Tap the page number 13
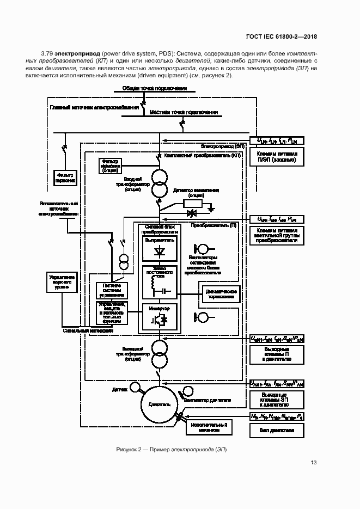pyautogui.click(x=313, y=463)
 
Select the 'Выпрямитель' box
pyautogui.click(x=160, y=248)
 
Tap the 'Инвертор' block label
pyautogui.click(x=160, y=309)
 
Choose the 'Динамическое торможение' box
pyautogui.click(x=221, y=293)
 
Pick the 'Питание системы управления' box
pyautogui.click(x=112, y=291)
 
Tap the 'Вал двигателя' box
pyautogui.click(x=277, y=430)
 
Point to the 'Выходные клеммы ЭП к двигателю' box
pyautogui.click(x=277, y=402)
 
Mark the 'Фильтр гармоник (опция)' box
pyautogui.click(x=112, y=165)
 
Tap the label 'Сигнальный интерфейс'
pyautogui.click(x=88, y=330)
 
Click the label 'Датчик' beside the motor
pyautogui.click(x=119, y=390)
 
